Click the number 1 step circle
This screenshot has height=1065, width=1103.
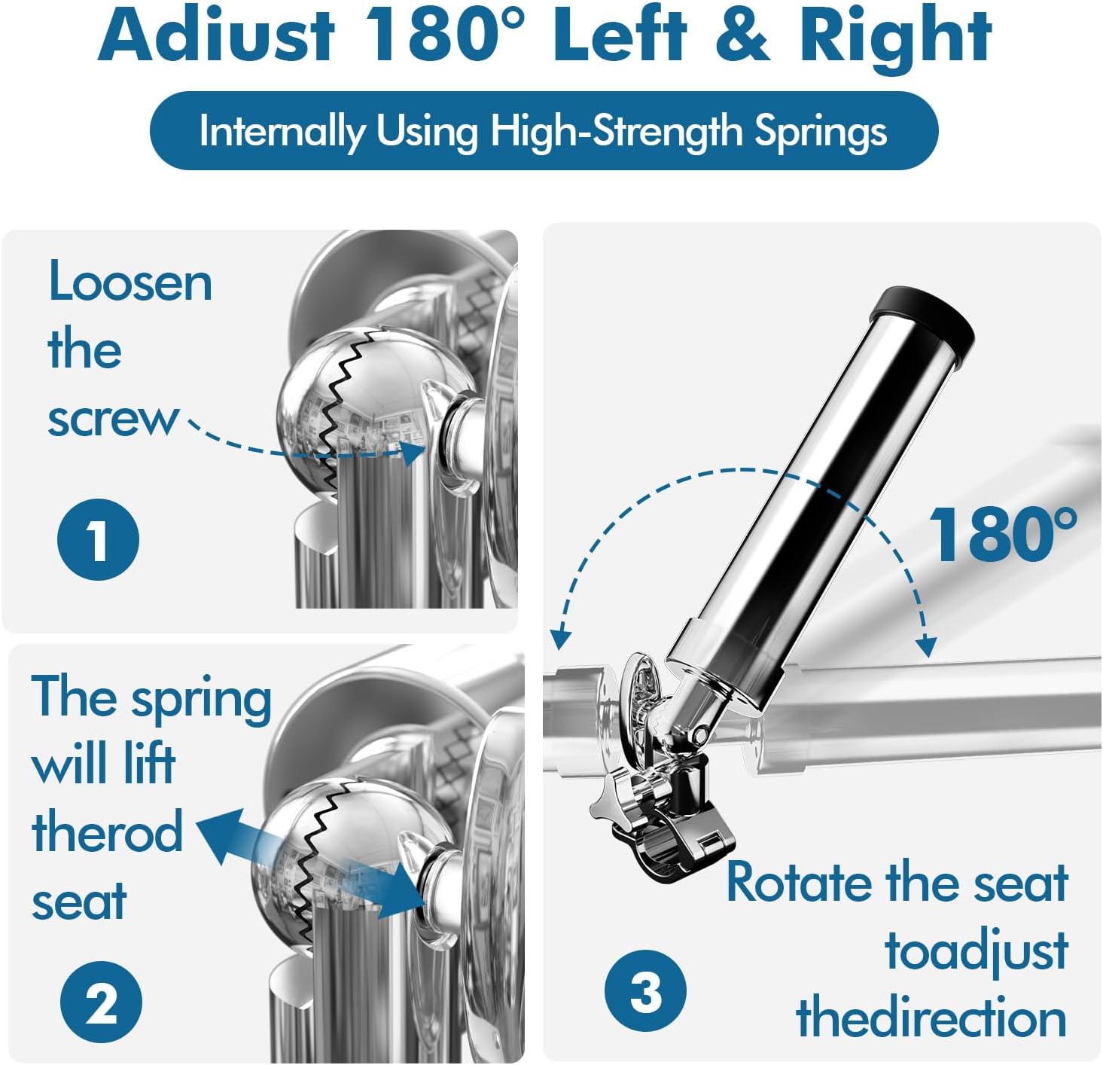pos(99,539)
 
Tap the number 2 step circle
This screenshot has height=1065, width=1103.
pos(102,1002)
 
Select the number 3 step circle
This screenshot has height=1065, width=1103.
pos(645,990)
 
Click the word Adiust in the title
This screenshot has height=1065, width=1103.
pos(217,36)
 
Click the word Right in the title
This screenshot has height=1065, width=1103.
pos(895,36)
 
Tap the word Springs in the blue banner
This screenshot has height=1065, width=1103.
pos(821,132)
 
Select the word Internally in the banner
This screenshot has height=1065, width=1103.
pos(282,132)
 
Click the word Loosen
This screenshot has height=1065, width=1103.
pos(130,283)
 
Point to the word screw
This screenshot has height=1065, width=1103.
pos(114,419)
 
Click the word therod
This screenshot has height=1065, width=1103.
pos(107,832)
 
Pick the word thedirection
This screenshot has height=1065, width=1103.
pos(931,1018)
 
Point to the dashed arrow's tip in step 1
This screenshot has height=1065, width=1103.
pos(415,453)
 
